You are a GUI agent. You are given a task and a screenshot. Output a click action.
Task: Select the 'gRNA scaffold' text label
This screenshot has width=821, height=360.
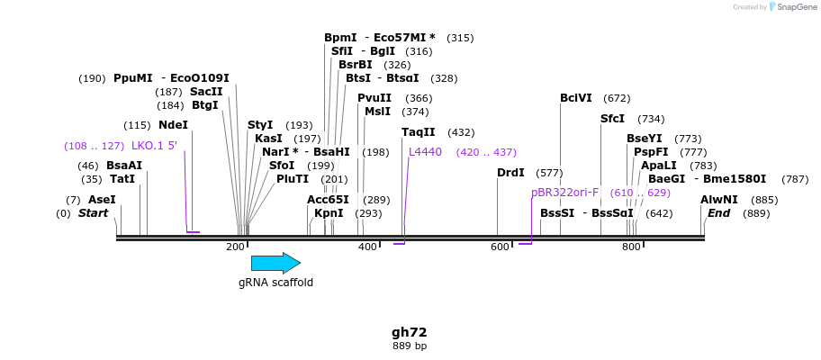coord(275,283)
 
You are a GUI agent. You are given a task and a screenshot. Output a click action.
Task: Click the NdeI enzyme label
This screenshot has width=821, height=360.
coord(173,125)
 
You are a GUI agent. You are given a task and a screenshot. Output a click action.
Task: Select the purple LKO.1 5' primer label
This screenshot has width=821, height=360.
coord(154,146)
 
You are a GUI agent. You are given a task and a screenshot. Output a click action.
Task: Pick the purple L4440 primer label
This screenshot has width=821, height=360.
coord(425,152)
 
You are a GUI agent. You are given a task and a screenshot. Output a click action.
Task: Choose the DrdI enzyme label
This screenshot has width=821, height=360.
coord(510,173)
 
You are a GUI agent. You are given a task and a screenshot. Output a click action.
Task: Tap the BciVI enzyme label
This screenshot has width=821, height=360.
coord(576,98)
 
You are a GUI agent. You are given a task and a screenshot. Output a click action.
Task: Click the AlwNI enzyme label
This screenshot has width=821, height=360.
coord(719,200)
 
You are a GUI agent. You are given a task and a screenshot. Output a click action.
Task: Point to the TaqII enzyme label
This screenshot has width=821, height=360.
coord(418,132)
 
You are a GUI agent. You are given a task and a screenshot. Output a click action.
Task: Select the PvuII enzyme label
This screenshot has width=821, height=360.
coord(374,98)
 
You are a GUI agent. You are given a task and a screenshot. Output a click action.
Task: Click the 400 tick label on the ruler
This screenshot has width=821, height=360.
coord(367,247)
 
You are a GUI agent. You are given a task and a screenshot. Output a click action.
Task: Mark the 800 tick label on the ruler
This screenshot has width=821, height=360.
coord(631,247)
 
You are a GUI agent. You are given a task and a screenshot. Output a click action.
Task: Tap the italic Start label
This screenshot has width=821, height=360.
coord(93,213)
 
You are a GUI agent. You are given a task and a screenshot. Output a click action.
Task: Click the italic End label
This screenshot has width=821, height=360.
coord(719,213)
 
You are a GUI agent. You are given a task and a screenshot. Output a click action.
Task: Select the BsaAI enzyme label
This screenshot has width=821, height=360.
coord(124,166)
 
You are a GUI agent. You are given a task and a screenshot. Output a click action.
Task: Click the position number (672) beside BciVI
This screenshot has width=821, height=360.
coord(617,98)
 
